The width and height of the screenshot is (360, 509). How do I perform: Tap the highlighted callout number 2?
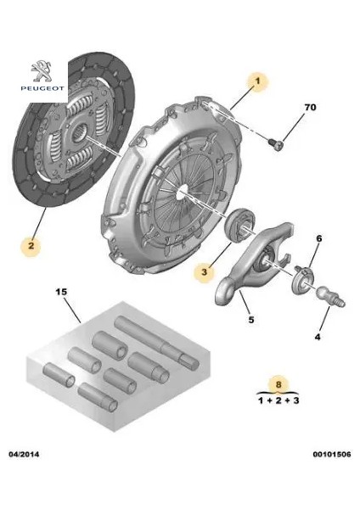(x=31, y=247)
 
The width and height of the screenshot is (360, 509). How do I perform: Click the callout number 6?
(x=319, y=240)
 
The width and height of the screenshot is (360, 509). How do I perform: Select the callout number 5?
(x=250, y=320)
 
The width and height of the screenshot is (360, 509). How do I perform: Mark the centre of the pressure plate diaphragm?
(x=181, y=194)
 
